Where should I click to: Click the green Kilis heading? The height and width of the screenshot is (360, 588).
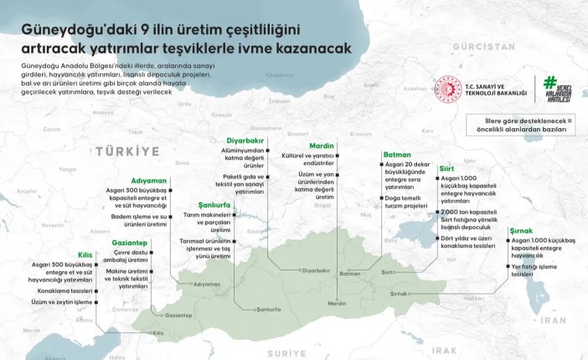pos(85,253)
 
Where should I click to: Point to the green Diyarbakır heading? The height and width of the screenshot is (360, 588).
pos(246,140)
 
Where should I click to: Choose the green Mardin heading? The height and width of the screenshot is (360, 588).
pos(310,146)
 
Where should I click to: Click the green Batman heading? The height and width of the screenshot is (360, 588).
pos(396,155)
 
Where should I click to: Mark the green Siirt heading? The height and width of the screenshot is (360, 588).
pos(446,169)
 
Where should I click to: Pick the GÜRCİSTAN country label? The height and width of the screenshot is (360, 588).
pos(483,47)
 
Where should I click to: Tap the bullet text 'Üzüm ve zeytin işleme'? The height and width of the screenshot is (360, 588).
pos(61,301)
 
